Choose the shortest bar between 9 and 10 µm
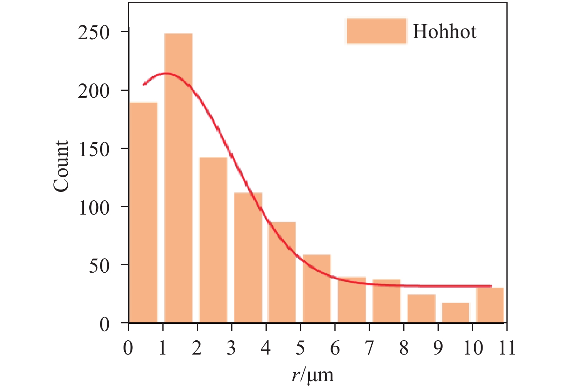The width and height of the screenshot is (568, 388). [456, 313]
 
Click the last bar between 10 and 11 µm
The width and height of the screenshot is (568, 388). [490, 305]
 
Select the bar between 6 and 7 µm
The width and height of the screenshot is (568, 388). [352, 300]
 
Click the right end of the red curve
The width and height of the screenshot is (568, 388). [491, 286]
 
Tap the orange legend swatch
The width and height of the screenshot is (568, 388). [376, 31]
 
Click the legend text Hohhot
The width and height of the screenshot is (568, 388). [444, 32]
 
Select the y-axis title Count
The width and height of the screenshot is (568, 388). [61, 166]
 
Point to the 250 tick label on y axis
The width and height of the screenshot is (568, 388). [94, 32]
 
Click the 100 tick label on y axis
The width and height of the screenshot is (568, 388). [94, 208]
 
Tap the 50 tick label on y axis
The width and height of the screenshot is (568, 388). [99, 266]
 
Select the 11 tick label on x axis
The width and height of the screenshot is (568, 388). [507, 348]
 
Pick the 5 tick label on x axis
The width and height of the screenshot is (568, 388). [301, 348]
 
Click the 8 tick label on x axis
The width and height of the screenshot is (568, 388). [404, 348]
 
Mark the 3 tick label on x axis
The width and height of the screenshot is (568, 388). [231, 348]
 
